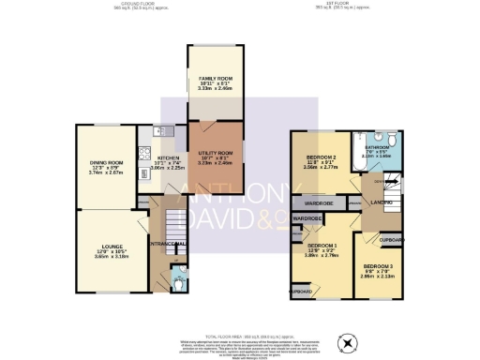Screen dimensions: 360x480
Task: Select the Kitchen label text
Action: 169,157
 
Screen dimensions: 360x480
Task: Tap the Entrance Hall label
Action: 167,245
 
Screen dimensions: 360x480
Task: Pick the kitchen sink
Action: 160,131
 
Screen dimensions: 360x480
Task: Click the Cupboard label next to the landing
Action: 393,239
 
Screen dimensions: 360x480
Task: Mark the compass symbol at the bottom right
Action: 350,343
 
